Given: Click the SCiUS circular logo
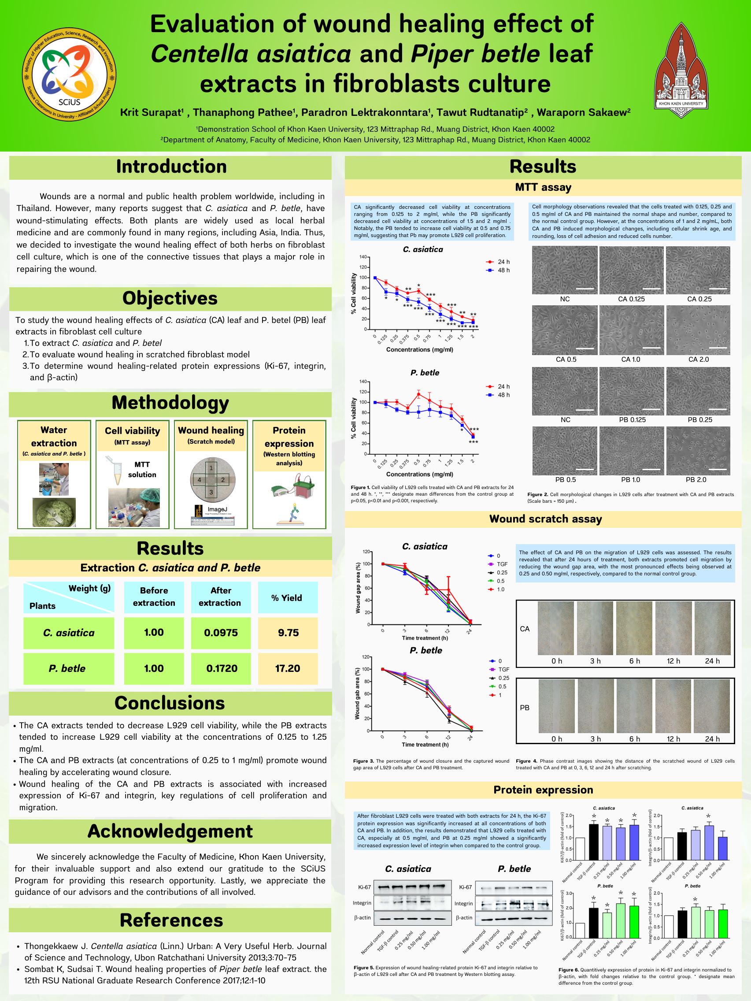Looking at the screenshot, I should pyautogui.click(x=69, y=74).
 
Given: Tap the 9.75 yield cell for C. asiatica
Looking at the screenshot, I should pyautogui.click(x=288, y=633).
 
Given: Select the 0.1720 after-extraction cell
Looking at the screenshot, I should pyautogui.click(x=221, y=668).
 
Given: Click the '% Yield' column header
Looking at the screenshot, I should pyautogui.click(x=287, y=598).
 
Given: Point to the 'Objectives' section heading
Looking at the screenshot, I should pyautogui.click(x=170, y=298).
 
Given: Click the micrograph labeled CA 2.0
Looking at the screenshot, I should pyautogui.click(x=698, y=330).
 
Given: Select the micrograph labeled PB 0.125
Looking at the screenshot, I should pyautogui.click(x=632, y=391).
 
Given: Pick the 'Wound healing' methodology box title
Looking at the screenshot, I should pyautogui.click(x=211, y=431).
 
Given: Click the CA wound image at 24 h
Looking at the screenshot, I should pyautogui.click(x=712, y=628).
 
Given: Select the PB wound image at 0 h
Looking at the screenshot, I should pyautogui.click(x=556, y=706).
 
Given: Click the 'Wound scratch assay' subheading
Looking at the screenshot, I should pyautogui.click(x=545, y=519).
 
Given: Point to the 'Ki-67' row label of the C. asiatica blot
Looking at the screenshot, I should pyautogui.click(x=364, y=887).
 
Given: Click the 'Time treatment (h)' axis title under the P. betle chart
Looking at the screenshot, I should pyautogui.click(x=425, y=745).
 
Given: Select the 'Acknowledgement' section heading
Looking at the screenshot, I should pyautogui.click(x=170, y=832).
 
